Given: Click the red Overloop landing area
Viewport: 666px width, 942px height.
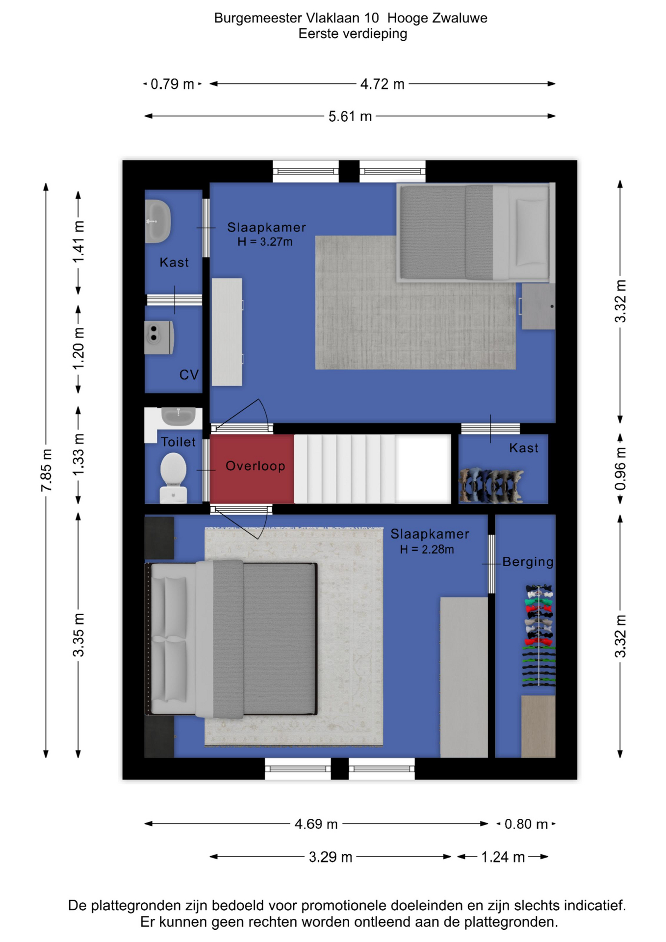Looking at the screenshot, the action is click(252, 469).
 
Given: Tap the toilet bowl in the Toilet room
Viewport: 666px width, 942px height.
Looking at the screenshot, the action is click(173, 477).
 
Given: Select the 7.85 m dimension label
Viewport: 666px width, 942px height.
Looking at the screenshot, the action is click(46, 470).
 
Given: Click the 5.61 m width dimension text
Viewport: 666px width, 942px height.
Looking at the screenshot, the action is click(350, 116).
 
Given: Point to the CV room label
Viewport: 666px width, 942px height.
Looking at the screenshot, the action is click(189, 375).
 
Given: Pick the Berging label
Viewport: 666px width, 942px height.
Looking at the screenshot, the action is click(528, 562).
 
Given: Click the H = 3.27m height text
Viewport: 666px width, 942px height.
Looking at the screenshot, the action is click(265, 242).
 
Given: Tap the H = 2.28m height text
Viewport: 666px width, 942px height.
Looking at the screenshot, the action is click(427, 549).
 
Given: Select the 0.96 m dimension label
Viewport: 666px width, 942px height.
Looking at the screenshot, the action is click(620, 469).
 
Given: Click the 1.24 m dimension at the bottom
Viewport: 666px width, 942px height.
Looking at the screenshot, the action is click(503, 857).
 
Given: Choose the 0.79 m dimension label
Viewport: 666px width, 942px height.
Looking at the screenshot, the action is click(172, 84).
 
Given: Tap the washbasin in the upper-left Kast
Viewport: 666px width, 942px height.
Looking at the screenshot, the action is click(158, 221).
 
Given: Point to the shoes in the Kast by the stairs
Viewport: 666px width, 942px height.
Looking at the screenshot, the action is click(490, 486).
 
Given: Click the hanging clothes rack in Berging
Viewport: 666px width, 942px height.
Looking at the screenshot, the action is click(539, 635).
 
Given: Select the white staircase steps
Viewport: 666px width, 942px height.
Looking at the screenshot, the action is click(372, 469).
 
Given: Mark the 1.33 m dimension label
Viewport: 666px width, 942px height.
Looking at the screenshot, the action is click(78, 455).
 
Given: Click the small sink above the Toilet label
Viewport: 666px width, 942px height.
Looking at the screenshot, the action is click(179, 416).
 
